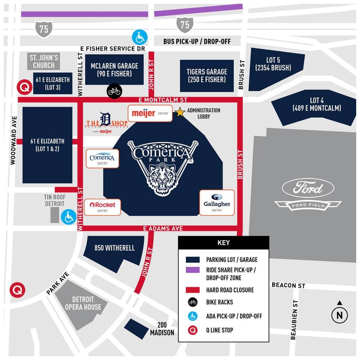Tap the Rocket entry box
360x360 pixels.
point(102,207)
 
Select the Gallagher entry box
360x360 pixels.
point(217,202)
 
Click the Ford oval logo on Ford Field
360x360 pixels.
point(308,188)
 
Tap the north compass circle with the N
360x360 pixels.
point(339,315)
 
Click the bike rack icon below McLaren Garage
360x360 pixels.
point(114,91)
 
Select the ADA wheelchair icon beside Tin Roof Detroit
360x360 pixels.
point(69,217)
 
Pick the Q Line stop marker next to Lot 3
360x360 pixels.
point(25,87)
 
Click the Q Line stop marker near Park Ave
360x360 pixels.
point(17,290)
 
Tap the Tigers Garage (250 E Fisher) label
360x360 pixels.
point(207,76)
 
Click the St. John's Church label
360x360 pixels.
point(44,61)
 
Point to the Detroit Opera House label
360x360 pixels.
point(83,303)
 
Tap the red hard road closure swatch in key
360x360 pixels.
point(192,290)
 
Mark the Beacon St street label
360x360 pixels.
point(288,285)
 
